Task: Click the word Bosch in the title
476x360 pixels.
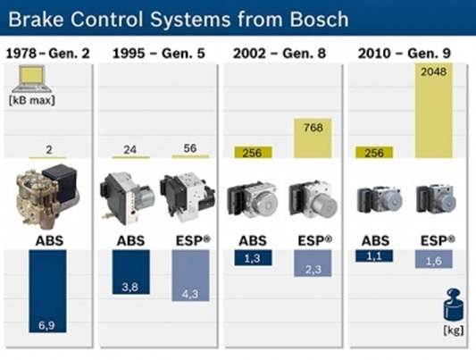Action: tap(319, 19)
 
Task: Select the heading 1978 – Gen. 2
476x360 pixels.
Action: tap(48, 54)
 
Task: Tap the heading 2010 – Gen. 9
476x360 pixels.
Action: tap(405, 54)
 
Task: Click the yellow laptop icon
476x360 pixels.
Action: tap(32, 79)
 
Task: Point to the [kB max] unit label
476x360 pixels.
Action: tap(32, 100)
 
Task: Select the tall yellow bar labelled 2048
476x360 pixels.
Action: tap(434, 111)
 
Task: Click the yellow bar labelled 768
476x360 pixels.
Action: tap(313, 138)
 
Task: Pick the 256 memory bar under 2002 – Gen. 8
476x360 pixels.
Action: tap(253, 153)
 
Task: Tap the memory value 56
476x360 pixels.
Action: tap(190, 148)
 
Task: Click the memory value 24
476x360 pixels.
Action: tap(129, 150)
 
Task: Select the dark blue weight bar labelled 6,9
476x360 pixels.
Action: tap(47, 291)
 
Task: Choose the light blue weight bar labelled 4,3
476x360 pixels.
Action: tap(190, 276)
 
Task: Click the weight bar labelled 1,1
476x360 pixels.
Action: tap(374, 255)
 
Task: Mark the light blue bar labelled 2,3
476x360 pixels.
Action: tap(313, 264)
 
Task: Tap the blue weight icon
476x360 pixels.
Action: tap(452, 305)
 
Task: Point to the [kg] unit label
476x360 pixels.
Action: tap(454, 330)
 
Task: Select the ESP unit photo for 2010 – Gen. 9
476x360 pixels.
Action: tap(436, 200)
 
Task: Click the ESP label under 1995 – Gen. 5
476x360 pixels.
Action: tap(193, 240)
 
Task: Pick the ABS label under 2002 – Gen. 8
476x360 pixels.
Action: tap(253, 241)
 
